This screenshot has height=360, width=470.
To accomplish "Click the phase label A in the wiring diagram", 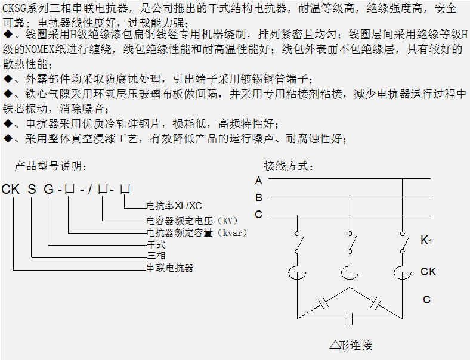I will click(258, 180).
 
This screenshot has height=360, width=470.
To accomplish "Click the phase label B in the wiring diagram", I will click(258, 197).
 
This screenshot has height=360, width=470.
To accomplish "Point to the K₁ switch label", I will click(426, 241).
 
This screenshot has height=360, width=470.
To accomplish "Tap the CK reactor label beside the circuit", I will click(428, 272).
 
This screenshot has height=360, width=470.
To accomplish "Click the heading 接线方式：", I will click(289, 166).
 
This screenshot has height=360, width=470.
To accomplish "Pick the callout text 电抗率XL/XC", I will click(174, 206).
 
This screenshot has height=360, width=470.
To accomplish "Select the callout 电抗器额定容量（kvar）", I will click(197, 232).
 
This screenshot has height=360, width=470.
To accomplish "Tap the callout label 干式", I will click(156, 245).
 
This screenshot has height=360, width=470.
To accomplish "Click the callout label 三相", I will click(156, 256).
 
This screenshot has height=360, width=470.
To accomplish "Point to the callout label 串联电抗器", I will click(170, 268).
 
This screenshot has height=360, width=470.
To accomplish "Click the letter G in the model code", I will click(48, 190).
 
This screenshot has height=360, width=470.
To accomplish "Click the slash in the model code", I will click(90, 190).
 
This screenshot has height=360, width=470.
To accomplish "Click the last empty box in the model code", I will click(125, 190).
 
